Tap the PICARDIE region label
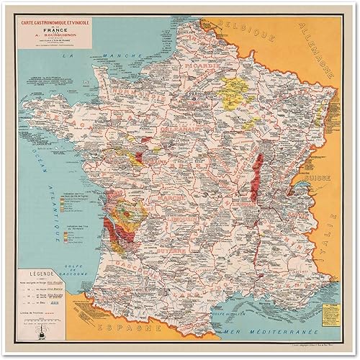point(197,69)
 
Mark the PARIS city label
point(194,94)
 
